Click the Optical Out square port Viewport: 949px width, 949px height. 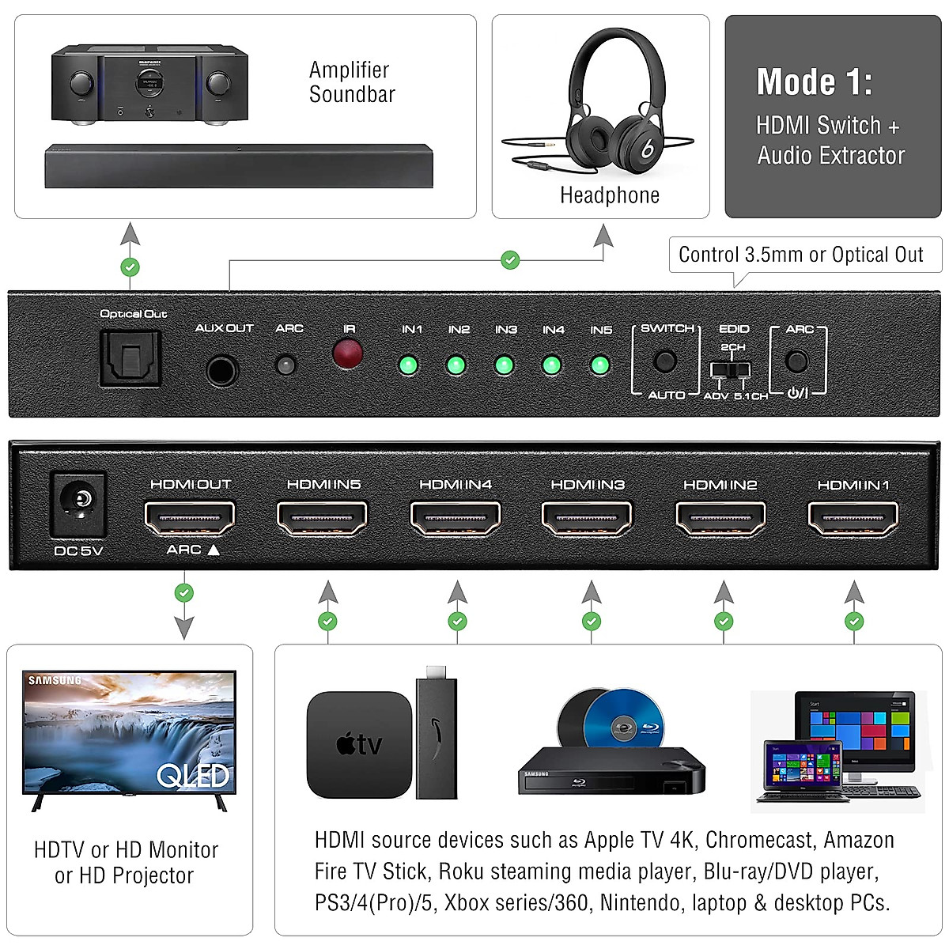tap(130, 358)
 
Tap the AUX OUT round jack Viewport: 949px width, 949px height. tap(221, 369)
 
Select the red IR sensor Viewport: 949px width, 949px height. tap(348, 354)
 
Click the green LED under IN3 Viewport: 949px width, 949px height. tap(504, 365)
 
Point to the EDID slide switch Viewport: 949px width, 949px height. tap(730, 370)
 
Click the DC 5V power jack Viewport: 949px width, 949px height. tap(78, 502)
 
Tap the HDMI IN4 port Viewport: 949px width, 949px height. tap(456, 518)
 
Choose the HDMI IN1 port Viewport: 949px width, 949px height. tap(853, 518)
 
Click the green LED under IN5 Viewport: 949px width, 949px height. tap(599, 365)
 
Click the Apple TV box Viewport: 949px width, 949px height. tap(359, 744)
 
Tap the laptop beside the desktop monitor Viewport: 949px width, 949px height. tap(800, 772)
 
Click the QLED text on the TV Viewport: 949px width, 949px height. tap(193, 776)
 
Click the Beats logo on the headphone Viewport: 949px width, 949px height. tap(647, 148)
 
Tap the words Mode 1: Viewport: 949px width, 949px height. tap(814, 82)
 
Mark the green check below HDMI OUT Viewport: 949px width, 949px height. tap(184, 592)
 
